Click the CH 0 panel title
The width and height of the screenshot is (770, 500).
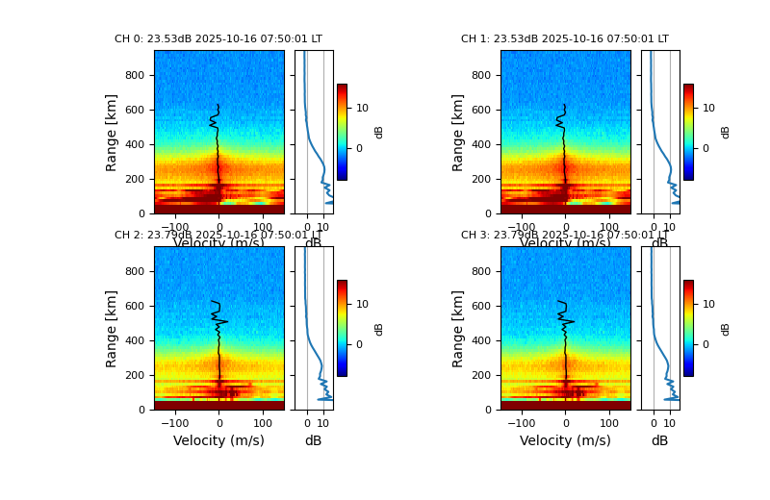tap(218, 39)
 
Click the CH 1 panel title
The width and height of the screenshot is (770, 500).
tap(565, 39)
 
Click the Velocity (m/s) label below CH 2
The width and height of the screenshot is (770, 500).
tap(218, 440)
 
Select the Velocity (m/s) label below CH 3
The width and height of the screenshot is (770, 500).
tap(565, 440)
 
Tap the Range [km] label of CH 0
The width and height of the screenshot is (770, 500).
tap(112, 132)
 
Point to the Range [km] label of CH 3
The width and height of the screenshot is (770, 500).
tap(458, 328)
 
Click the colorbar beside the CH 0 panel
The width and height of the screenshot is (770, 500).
tap(342, 132)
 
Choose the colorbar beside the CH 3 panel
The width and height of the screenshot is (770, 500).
tap(688, 328)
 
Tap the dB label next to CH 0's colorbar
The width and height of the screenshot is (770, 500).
tap(379, 132)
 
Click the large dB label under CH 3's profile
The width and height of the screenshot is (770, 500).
tap(659, 440)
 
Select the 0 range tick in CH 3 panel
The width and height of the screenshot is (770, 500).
tap(488, 410)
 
